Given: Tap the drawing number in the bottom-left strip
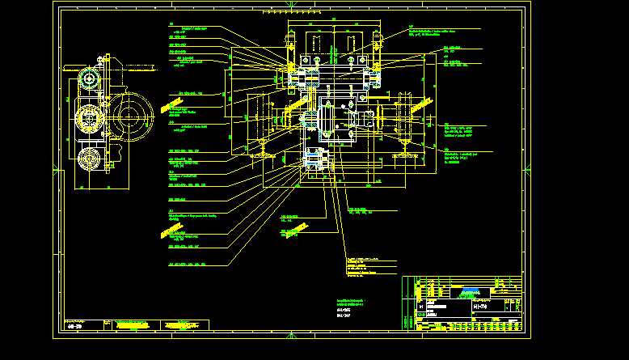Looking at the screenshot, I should [78, 325].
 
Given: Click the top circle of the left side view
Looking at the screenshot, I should [88, 79].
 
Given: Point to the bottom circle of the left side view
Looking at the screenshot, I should [90, 159].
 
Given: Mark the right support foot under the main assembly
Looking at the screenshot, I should [402, 150].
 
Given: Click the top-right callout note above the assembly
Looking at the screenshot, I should [437, 32].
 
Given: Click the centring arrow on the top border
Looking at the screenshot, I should [290, 8].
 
